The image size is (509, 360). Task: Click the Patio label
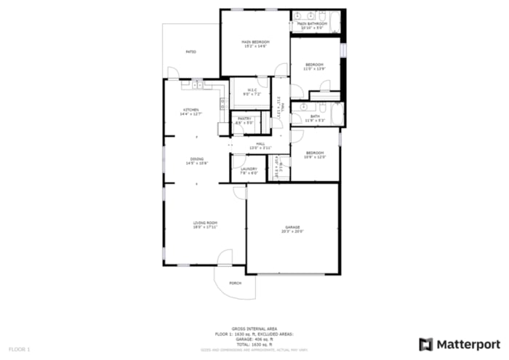tap(191, 52)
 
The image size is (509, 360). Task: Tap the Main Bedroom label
tap(255, 42)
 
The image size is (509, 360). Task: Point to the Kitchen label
tap(191, 110)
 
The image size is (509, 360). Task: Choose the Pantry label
tap(244, 119)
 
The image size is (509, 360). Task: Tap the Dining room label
tap(197, 159)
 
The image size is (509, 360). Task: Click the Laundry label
tap(249, 169)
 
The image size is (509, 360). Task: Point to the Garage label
tap(292, 227)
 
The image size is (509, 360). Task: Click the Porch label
tap(235, 282)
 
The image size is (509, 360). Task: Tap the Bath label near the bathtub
tap(315, 116)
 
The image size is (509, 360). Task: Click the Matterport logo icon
tap(426, 344)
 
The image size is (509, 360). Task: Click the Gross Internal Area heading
tap(254, 329)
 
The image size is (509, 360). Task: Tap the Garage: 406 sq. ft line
tap(254, 339)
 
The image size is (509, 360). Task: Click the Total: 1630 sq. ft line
tap(254, 344)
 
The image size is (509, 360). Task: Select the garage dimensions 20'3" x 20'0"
tap(292, 231)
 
